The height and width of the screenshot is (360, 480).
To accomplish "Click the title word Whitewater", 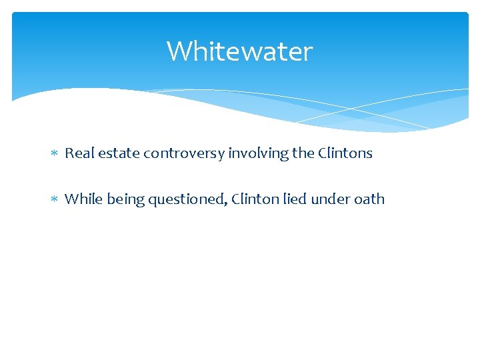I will click(x=239, y=51).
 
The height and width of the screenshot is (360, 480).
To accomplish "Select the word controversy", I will click(x=183, y=154).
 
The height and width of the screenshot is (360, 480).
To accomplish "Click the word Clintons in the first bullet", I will click(x=345, y=153).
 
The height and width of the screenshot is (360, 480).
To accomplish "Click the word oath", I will click(x=370, y=199).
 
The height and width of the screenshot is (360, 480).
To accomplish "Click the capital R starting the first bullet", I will click(x=69, y=153).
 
